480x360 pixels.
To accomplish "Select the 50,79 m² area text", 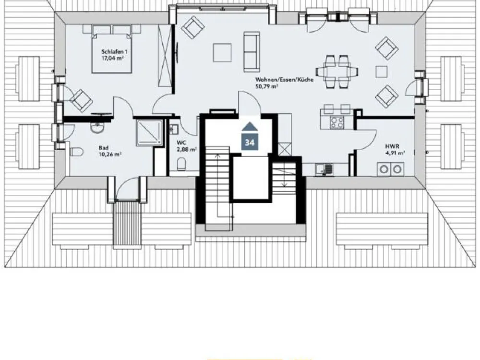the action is click(266, 86).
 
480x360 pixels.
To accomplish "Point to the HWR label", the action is click(392, 146).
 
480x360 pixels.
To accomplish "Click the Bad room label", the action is click(104, 148).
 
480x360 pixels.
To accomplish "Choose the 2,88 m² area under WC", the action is click(186, 149).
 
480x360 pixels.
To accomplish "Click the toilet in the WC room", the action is click(181, 164).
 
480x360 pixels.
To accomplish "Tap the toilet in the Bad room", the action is click(76, 152).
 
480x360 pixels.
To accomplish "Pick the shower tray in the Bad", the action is click(149, 132).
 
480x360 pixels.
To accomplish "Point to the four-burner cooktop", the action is click(337, 123).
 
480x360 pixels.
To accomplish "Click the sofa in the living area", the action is click(252, 52).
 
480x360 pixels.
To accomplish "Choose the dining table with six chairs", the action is click(337, 72).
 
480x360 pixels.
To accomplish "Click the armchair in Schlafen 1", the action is click(81, 100).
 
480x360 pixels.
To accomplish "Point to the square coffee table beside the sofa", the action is click(222, 53).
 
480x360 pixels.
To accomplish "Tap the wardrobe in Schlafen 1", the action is click(165, 55).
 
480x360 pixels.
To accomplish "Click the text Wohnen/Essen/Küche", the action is click(284, 80).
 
